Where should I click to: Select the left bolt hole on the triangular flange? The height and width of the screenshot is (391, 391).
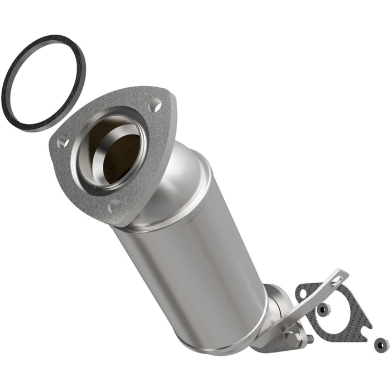pyautogui.click(x=63, y=143)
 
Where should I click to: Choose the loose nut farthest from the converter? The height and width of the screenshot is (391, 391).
pyautogui.click(x=382, y=345)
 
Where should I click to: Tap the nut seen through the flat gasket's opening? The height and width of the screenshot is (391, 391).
pyautogui.click(x=323, y=309)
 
